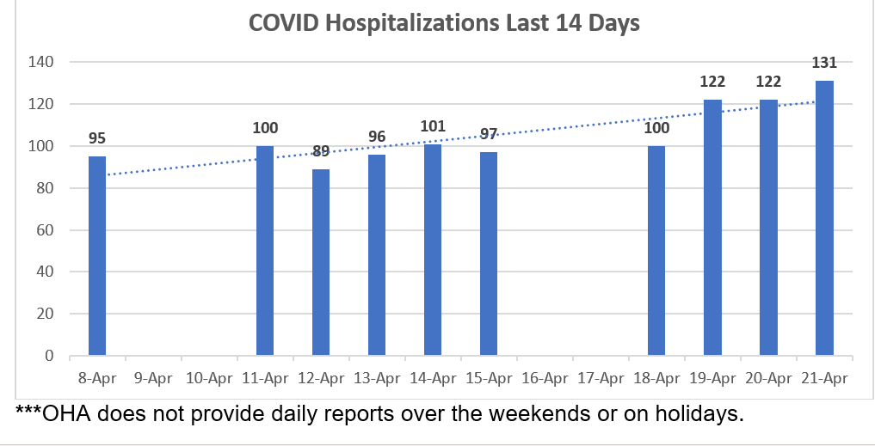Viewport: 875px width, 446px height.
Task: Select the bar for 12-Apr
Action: [x=321, y=262]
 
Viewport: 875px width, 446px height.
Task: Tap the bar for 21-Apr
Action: [x=824, y=218]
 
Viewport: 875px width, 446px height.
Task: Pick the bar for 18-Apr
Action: [x=656, y=251]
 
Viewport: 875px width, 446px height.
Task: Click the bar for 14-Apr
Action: [x=433, y=250]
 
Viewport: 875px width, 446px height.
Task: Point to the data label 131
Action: [x=824, y=62]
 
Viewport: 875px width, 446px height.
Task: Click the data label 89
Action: [x=321, y=152]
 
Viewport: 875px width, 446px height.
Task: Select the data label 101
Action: [x=433, y=127]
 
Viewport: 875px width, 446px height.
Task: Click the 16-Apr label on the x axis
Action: [x=545, y=377]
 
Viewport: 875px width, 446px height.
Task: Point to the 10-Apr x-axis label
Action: [x=209, y=377]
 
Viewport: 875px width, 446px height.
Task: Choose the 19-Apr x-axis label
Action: [x=712, y=377]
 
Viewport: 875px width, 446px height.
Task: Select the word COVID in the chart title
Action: [x=280, y=23]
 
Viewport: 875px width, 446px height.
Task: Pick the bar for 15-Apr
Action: [x=489, y=254]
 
